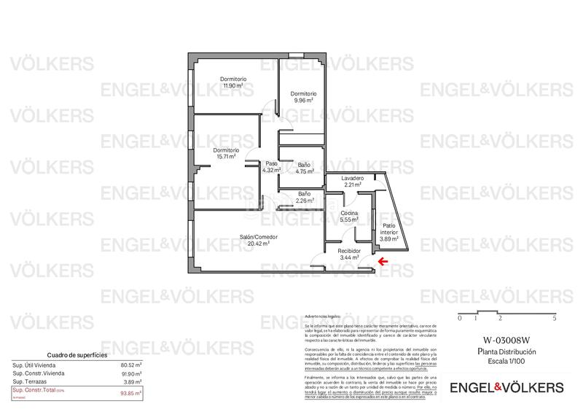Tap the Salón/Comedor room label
tap(259, 237)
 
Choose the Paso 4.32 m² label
tap(271, 166)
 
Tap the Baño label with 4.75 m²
tap(305, 168)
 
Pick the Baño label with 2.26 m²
tap(305, 197)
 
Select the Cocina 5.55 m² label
tap(351, 216)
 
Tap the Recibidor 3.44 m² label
tap(349, 254)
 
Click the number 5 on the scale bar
tap(555, 319)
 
